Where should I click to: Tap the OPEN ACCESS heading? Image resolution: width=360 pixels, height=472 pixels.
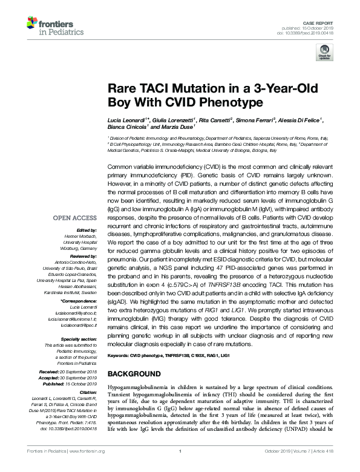coord(74,218)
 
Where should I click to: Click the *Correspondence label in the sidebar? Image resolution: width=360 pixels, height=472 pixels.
coord(79,300)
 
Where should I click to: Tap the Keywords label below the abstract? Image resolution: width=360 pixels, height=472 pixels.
coord(119,355)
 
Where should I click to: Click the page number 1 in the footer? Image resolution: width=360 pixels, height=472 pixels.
coord(180,467)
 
